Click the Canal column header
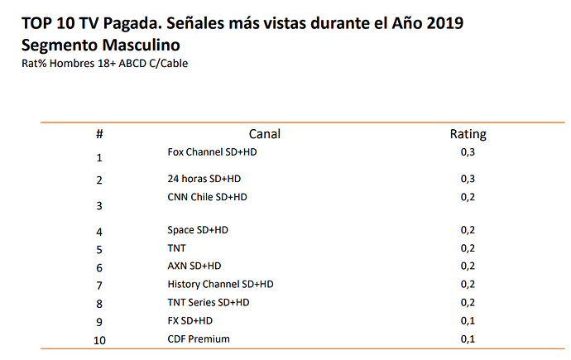(x=264, y=134)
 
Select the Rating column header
(x=468, y=134)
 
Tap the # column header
(x=99, y=134)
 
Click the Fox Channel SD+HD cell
(x=212, y=151)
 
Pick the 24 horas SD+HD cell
(x=204, y=179)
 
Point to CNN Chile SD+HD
(x=207, y=197)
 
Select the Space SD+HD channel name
(x=198, y=230)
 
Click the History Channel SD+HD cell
(x=220, y=284)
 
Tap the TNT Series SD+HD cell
(x=209, y=302)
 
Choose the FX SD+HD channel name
(x=190, y=320)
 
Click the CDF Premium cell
(x=199, y=338)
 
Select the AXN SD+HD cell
(x=194, y=266)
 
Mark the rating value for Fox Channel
(x=468, y=152)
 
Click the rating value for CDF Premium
(x=468, y=339)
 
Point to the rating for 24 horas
(x=468, y=179)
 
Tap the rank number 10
(x=99, y=340)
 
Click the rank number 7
(x=99, y=286)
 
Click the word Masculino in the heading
(x=141, y=46)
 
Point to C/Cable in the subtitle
(x=169, y=64)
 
